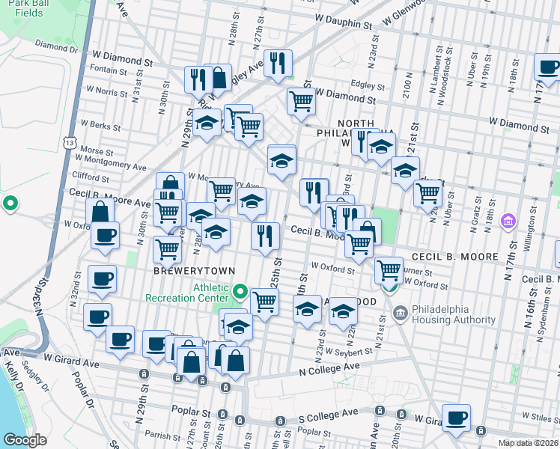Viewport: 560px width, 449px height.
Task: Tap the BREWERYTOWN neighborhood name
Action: tap(195, 270)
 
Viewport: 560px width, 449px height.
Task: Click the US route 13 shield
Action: tap(70, 141)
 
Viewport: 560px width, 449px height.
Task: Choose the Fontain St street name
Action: tap(109, 72)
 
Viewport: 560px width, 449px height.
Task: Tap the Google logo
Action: tap(24, 440)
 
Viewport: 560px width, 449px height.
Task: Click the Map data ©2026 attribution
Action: tap(528, 443)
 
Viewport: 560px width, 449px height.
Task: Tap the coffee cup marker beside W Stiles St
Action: tap(456, 418)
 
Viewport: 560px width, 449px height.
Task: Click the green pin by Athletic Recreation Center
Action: tap(240, 290)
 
